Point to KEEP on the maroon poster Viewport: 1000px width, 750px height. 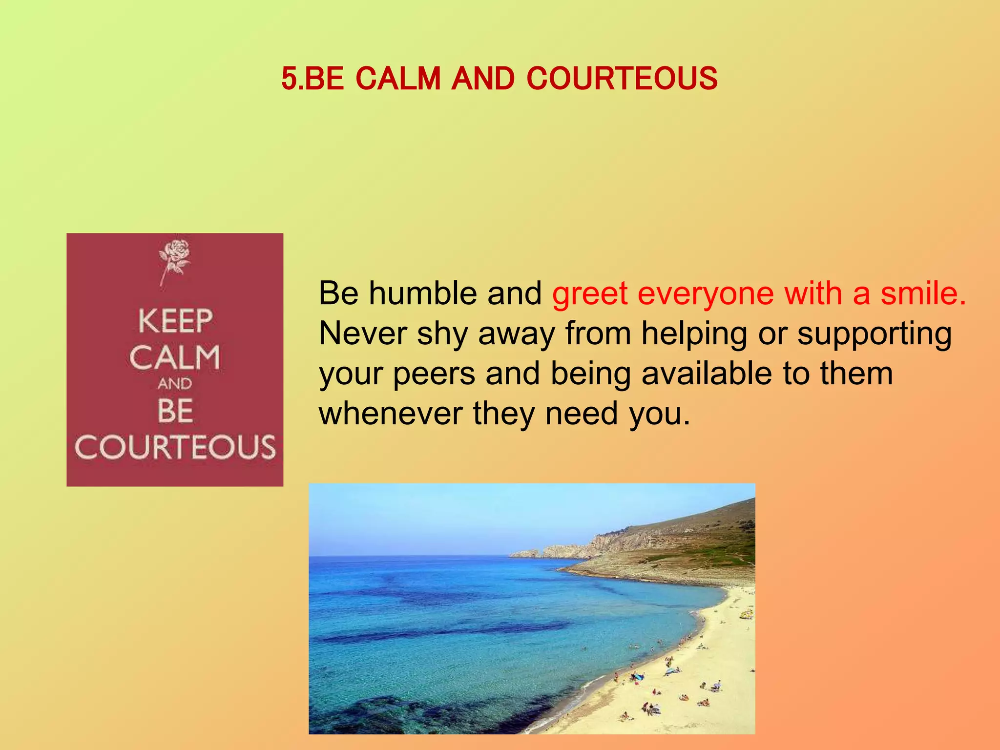[x=175, y=321]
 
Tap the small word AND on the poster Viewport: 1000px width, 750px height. [x=175, y=384]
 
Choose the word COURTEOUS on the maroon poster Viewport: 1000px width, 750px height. [x=175, y=447]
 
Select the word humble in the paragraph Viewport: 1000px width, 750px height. [x=423, y=293]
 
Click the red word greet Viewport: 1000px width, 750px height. [x=590, y=294]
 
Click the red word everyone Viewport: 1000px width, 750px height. [x=706, y=294]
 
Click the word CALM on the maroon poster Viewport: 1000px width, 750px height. [x=175, y=357]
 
